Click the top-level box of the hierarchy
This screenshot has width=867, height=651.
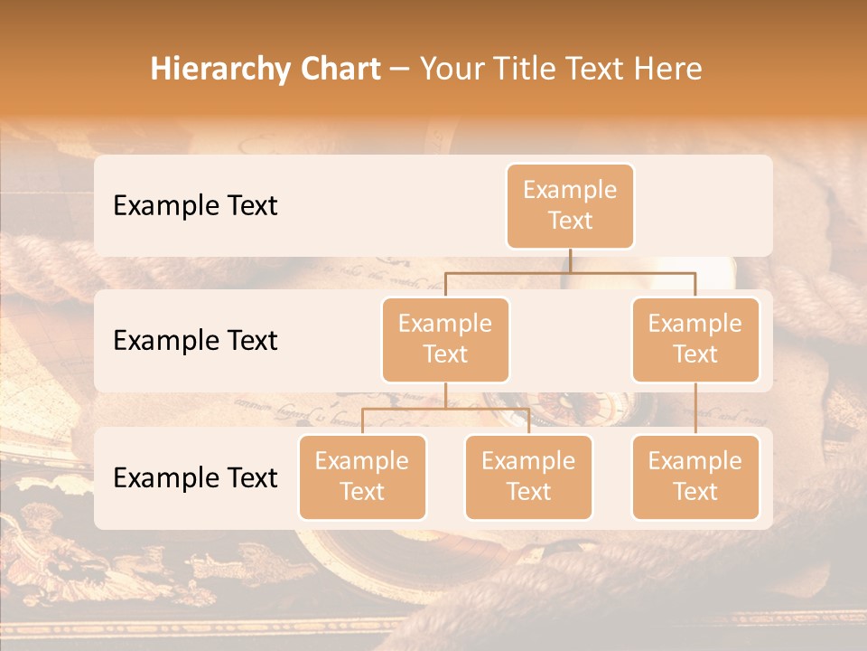(x=570, y=205)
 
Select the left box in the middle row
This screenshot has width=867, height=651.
(x=445, y=339)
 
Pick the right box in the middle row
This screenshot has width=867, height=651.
(x=695, y=339)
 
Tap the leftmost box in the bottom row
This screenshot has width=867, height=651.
(x=362, y=476)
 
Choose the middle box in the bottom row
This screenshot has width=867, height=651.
(x=528, y=476)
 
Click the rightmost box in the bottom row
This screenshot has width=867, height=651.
(x=695, y=476)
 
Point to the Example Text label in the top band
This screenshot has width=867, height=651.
(x=195, y=205)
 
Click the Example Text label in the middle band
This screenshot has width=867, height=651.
(x=195, y=340)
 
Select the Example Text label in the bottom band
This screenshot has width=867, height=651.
(x=195, y=477)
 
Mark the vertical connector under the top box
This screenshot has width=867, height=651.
(x=570, y=260)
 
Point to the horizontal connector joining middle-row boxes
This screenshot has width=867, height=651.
(x=570, y=272)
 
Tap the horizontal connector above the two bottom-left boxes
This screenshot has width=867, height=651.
(x=445, y=409)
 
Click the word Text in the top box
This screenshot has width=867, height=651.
(x=570, y=221)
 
